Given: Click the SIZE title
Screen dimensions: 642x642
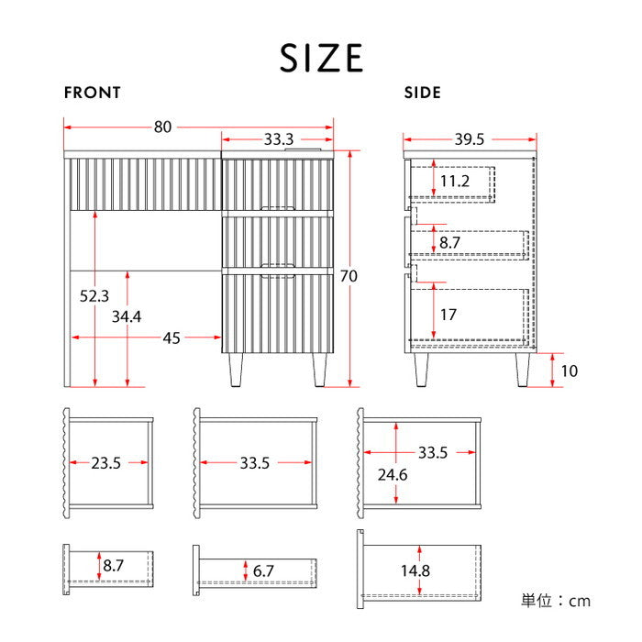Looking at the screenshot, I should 321,58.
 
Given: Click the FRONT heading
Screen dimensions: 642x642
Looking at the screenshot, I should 92,93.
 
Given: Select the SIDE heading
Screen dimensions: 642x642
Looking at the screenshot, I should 423,93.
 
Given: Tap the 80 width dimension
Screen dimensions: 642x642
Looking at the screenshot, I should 162,127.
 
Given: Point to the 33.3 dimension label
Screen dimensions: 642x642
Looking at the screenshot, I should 278,139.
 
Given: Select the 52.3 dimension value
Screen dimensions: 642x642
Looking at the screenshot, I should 94,296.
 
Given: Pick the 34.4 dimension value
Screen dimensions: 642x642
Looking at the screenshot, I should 127,317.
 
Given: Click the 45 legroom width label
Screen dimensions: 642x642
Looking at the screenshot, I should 172,338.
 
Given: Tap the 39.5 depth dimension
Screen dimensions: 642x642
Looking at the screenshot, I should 469,139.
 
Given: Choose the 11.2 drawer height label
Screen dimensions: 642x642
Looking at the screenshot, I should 454,181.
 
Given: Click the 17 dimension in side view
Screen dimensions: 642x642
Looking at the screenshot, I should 448,315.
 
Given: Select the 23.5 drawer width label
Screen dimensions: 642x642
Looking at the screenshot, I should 105,463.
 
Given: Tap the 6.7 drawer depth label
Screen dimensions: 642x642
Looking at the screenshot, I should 262,571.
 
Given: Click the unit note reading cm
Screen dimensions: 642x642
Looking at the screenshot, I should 556,602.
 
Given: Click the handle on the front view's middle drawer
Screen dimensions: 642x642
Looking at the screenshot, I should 277,211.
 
